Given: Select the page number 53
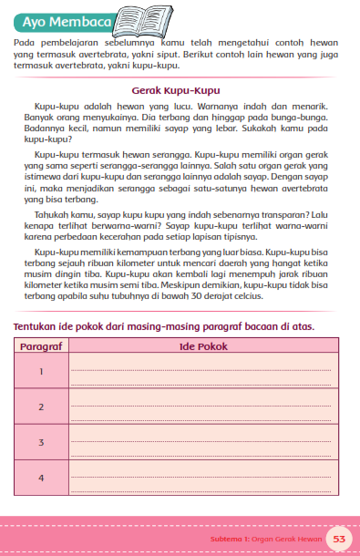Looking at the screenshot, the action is (x=339, y=539).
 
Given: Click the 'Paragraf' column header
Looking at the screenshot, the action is (x=42, y=346).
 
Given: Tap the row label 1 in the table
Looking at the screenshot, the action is (x=42, y=371).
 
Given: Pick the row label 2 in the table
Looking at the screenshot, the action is (x=42, y=406).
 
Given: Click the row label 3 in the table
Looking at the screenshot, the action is (x=42, y=442).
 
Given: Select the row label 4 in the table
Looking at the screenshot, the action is (x=42, y=478).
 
